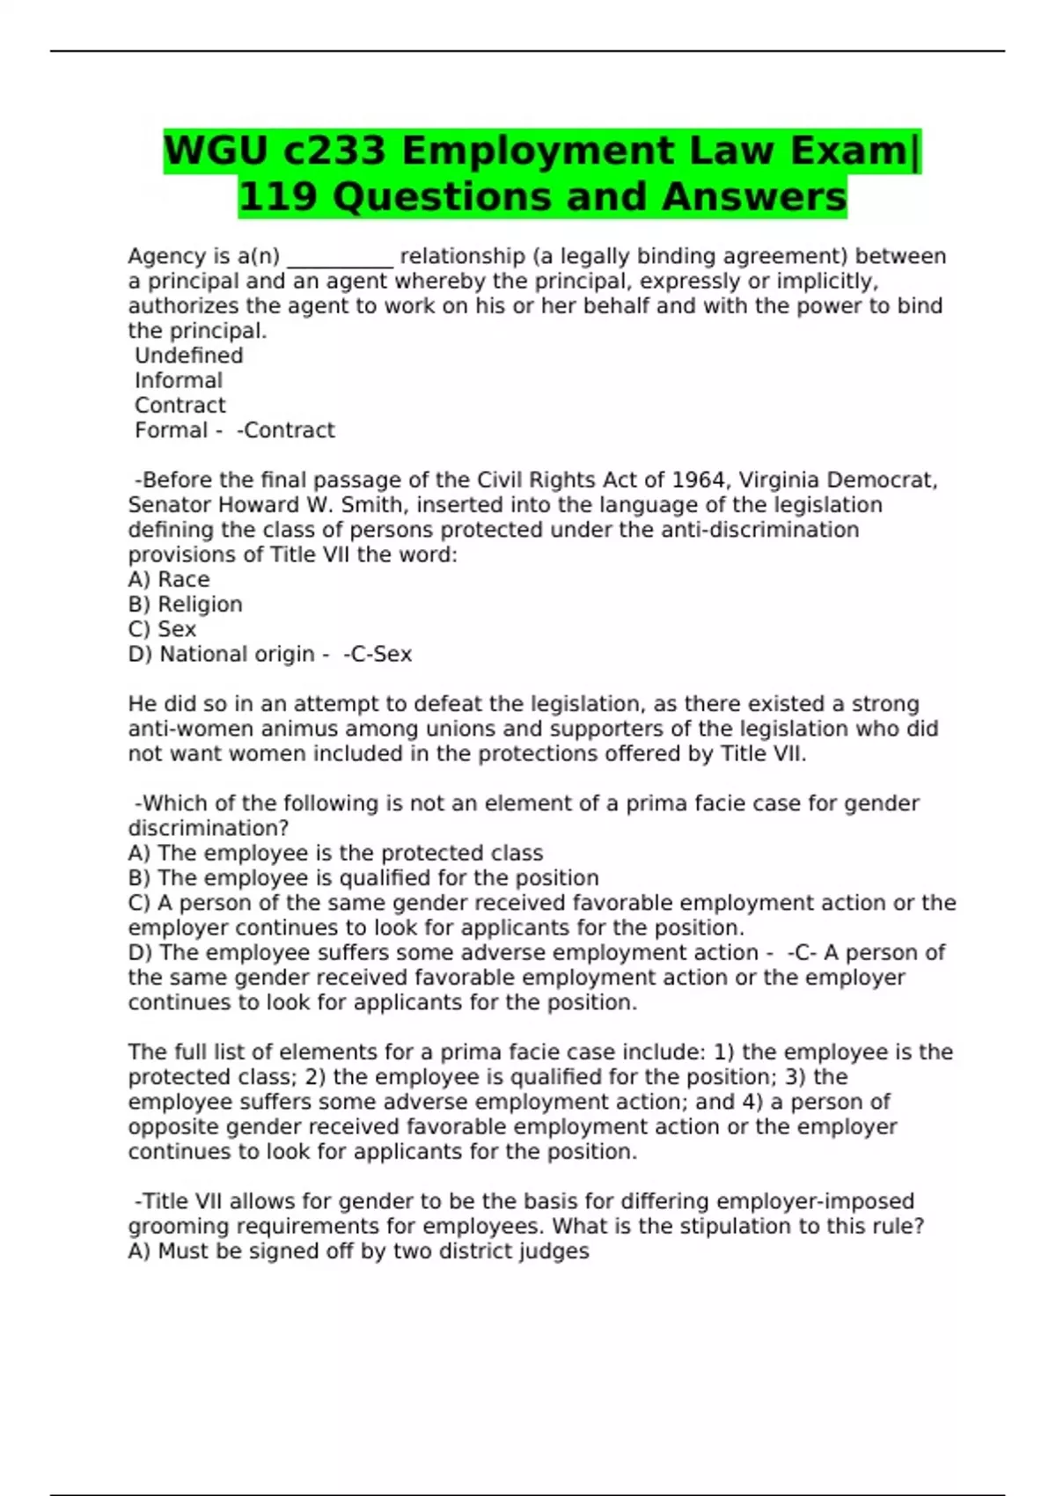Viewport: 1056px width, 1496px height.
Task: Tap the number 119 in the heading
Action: pyautogui.click(x=277, y=197)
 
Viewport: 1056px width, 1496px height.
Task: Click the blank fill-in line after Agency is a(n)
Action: pyautogui.click(x=340, y=257)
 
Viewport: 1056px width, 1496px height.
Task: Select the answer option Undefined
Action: pyautogui.click(x=188, y=356)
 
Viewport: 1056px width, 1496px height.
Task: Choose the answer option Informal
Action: pyautogui.click(x=178, y=380)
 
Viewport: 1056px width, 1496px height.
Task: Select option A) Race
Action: pyautogui.click(x=168, y=580)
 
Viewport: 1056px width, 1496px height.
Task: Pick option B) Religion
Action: pyautogui.click(x=185, y=605)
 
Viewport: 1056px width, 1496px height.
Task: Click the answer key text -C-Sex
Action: pyautogui.click(x=378, y=655)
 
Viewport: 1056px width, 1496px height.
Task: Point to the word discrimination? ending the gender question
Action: pyautogui.click(x=209, y=828)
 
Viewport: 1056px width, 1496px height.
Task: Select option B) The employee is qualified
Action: pyautogui.click(x=363, y=878)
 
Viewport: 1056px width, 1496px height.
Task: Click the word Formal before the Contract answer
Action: pyautogui.click(x=171, y=430)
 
